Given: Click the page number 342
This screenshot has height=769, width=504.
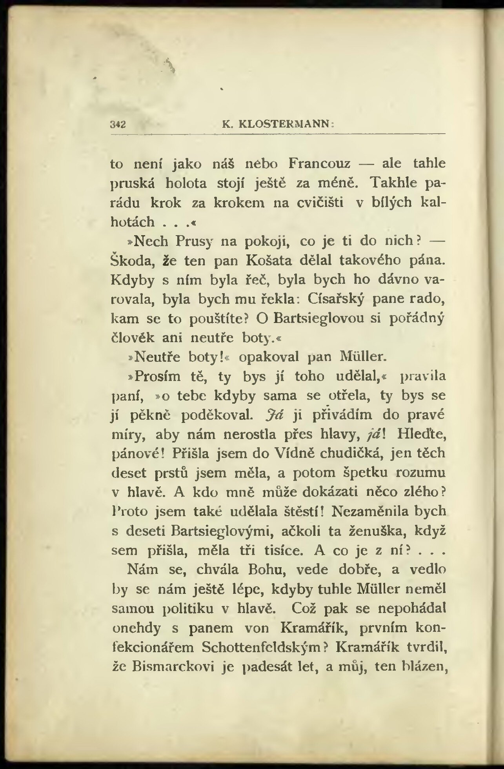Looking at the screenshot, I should click(x=118, y=125).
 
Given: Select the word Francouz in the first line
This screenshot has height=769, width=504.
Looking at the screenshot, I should click(x=319, y=163).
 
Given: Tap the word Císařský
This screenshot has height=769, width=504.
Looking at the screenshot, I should click(x=336, y=299).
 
